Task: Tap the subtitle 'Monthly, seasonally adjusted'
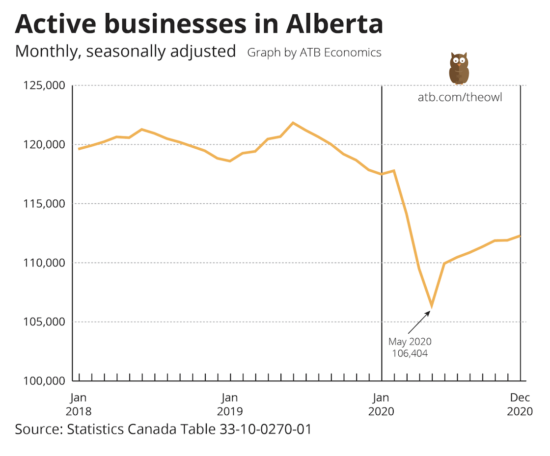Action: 126,51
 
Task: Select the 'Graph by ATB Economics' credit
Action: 314,52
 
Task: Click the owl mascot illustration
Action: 459,69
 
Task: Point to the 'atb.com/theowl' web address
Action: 460,97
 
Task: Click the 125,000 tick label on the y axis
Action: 44,85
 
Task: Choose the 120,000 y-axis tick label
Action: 44,144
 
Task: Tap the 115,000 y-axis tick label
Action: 44,204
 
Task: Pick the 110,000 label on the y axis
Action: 44,263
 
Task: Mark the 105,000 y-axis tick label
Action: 44,322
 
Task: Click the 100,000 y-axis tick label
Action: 44,381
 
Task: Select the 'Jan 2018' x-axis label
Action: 79,404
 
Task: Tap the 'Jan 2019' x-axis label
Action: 230,404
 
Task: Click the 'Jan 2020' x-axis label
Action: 381,404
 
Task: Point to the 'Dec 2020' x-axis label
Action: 520,404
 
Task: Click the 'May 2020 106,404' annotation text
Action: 410,347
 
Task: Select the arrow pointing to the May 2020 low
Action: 418,322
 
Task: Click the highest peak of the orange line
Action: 293,123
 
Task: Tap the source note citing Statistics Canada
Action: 163,429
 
